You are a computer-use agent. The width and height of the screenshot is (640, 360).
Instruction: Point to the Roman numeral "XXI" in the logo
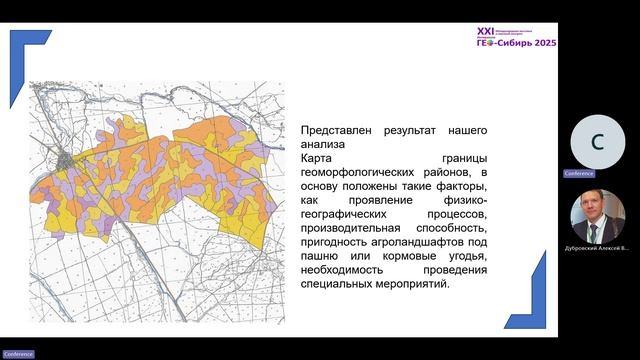488,32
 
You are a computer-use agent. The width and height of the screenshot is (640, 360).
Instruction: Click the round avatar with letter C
596,141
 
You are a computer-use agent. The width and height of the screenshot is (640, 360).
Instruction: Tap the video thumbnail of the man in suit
596,214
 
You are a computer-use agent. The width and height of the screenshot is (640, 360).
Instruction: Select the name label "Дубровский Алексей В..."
597,247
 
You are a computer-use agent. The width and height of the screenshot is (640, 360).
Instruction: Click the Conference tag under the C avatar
579,173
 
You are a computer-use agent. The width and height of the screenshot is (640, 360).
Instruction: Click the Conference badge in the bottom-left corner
17,354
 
